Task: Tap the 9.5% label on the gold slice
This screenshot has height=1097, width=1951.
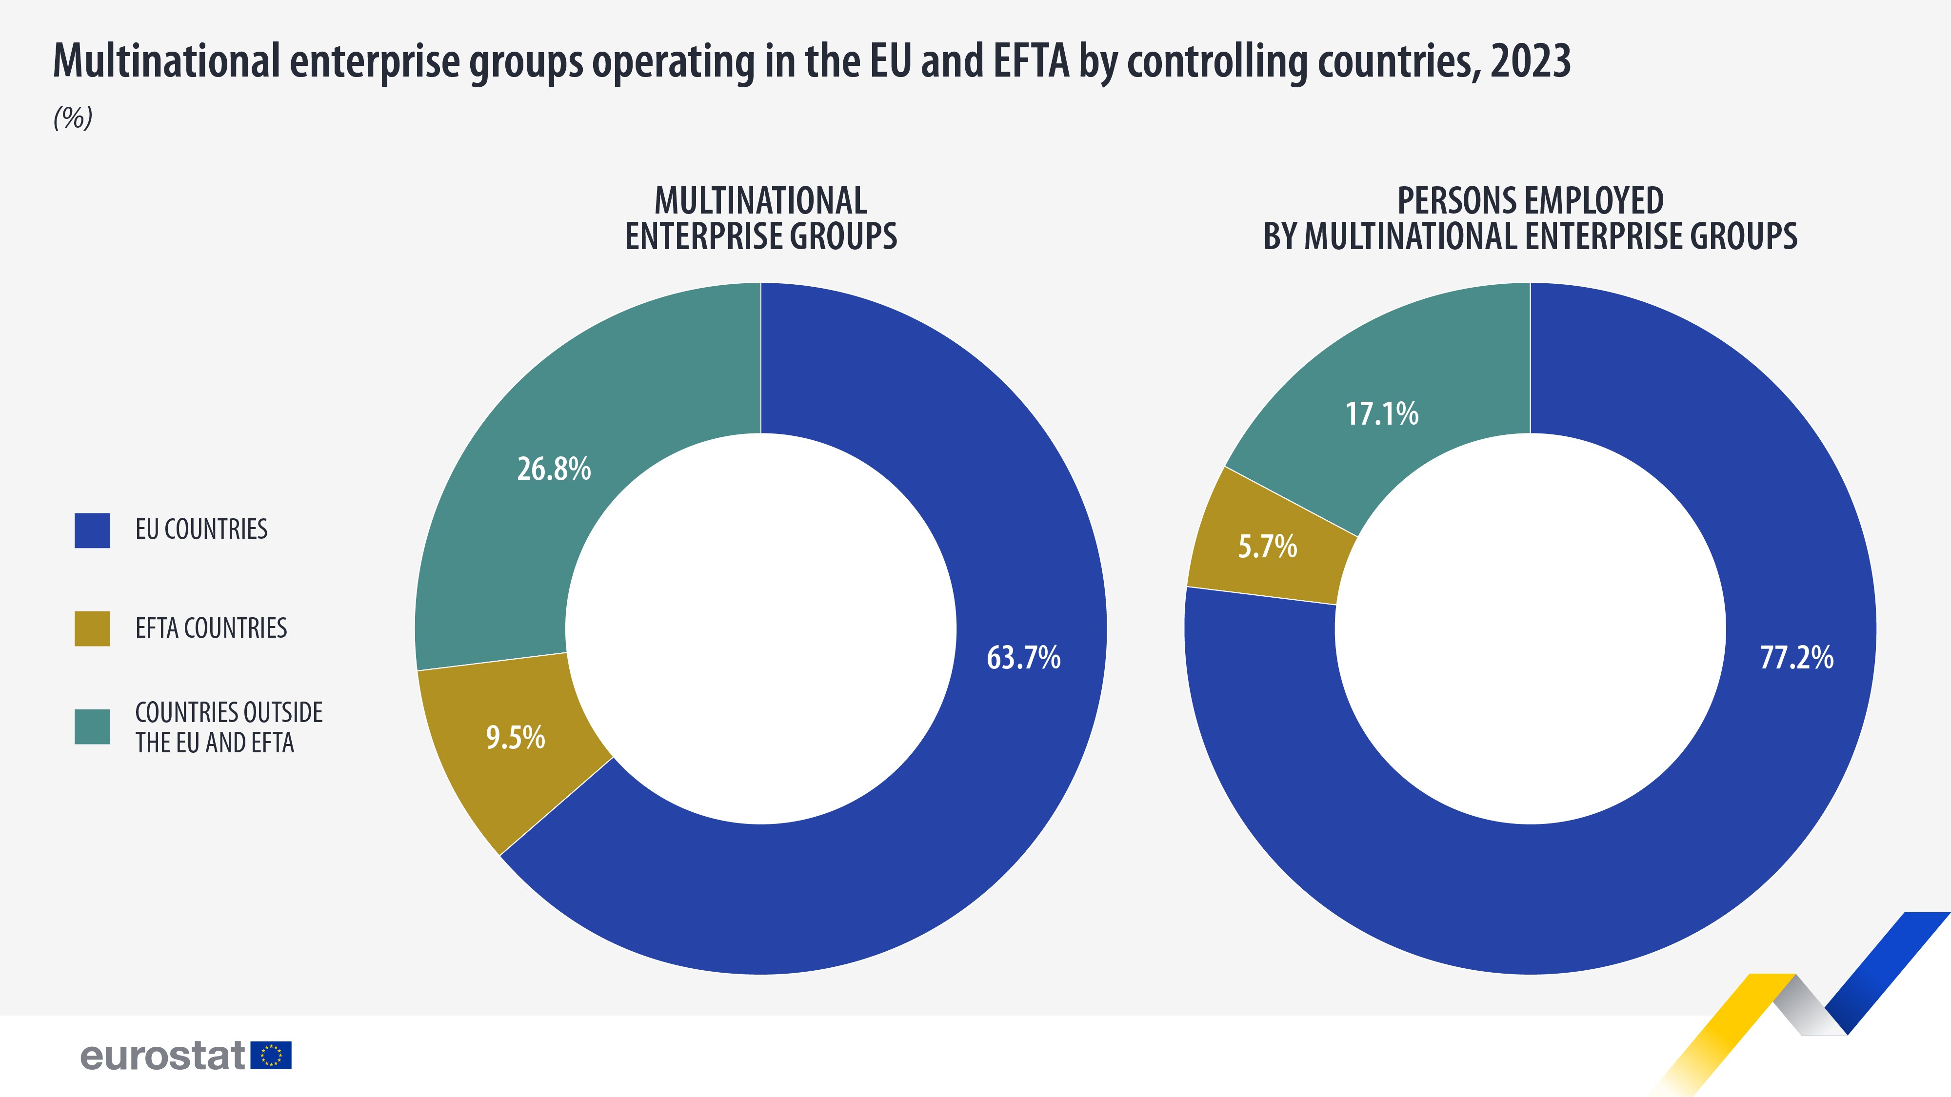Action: tap(515, 737)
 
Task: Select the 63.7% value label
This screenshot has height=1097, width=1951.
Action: tap(1023, 657)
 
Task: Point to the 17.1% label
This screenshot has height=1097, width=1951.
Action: tap(1381, 414)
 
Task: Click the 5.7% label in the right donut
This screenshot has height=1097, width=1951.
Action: tap(1267, 546)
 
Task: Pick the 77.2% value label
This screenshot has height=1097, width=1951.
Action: tap(1796, 657)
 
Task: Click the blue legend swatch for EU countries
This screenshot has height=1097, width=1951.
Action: tap(92, 530)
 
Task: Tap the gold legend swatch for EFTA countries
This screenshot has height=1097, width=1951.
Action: tap(92, 628)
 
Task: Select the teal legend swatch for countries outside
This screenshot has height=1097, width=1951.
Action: tap(92, 727)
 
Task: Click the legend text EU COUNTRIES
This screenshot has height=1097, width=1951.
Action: tap(201, 529)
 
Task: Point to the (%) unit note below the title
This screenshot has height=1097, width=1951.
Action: tap(73, 118)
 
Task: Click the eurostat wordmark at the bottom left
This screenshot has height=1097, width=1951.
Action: tap(163, 1056)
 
